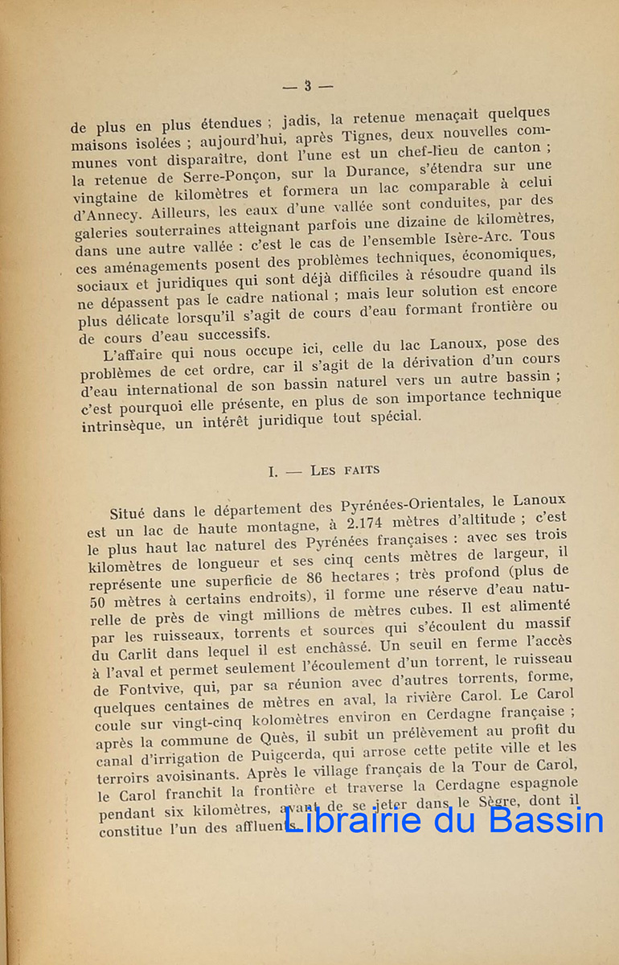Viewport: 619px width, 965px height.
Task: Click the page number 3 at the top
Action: tap(307, 86)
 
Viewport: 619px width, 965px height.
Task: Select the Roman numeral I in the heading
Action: tap(273, 470)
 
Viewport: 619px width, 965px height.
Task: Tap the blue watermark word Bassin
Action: tap(546, 821)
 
